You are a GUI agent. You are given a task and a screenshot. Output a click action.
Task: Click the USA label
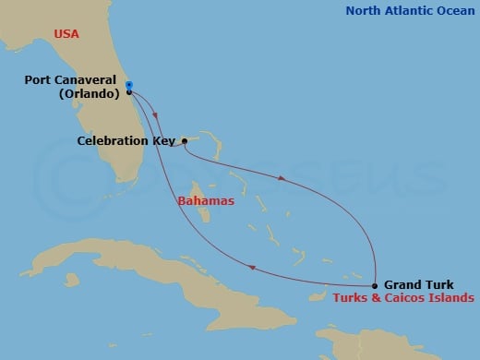pos(66,34)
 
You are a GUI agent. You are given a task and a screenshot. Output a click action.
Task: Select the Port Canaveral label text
pos(69,80)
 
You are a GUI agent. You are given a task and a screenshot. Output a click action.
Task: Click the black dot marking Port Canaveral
pos(128,92)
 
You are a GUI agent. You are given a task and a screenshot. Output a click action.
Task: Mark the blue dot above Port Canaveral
pos(128,85)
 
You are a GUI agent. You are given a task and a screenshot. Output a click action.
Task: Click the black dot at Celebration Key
pos(185,141)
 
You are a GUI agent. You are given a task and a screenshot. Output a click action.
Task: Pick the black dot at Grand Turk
pos(375,285)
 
